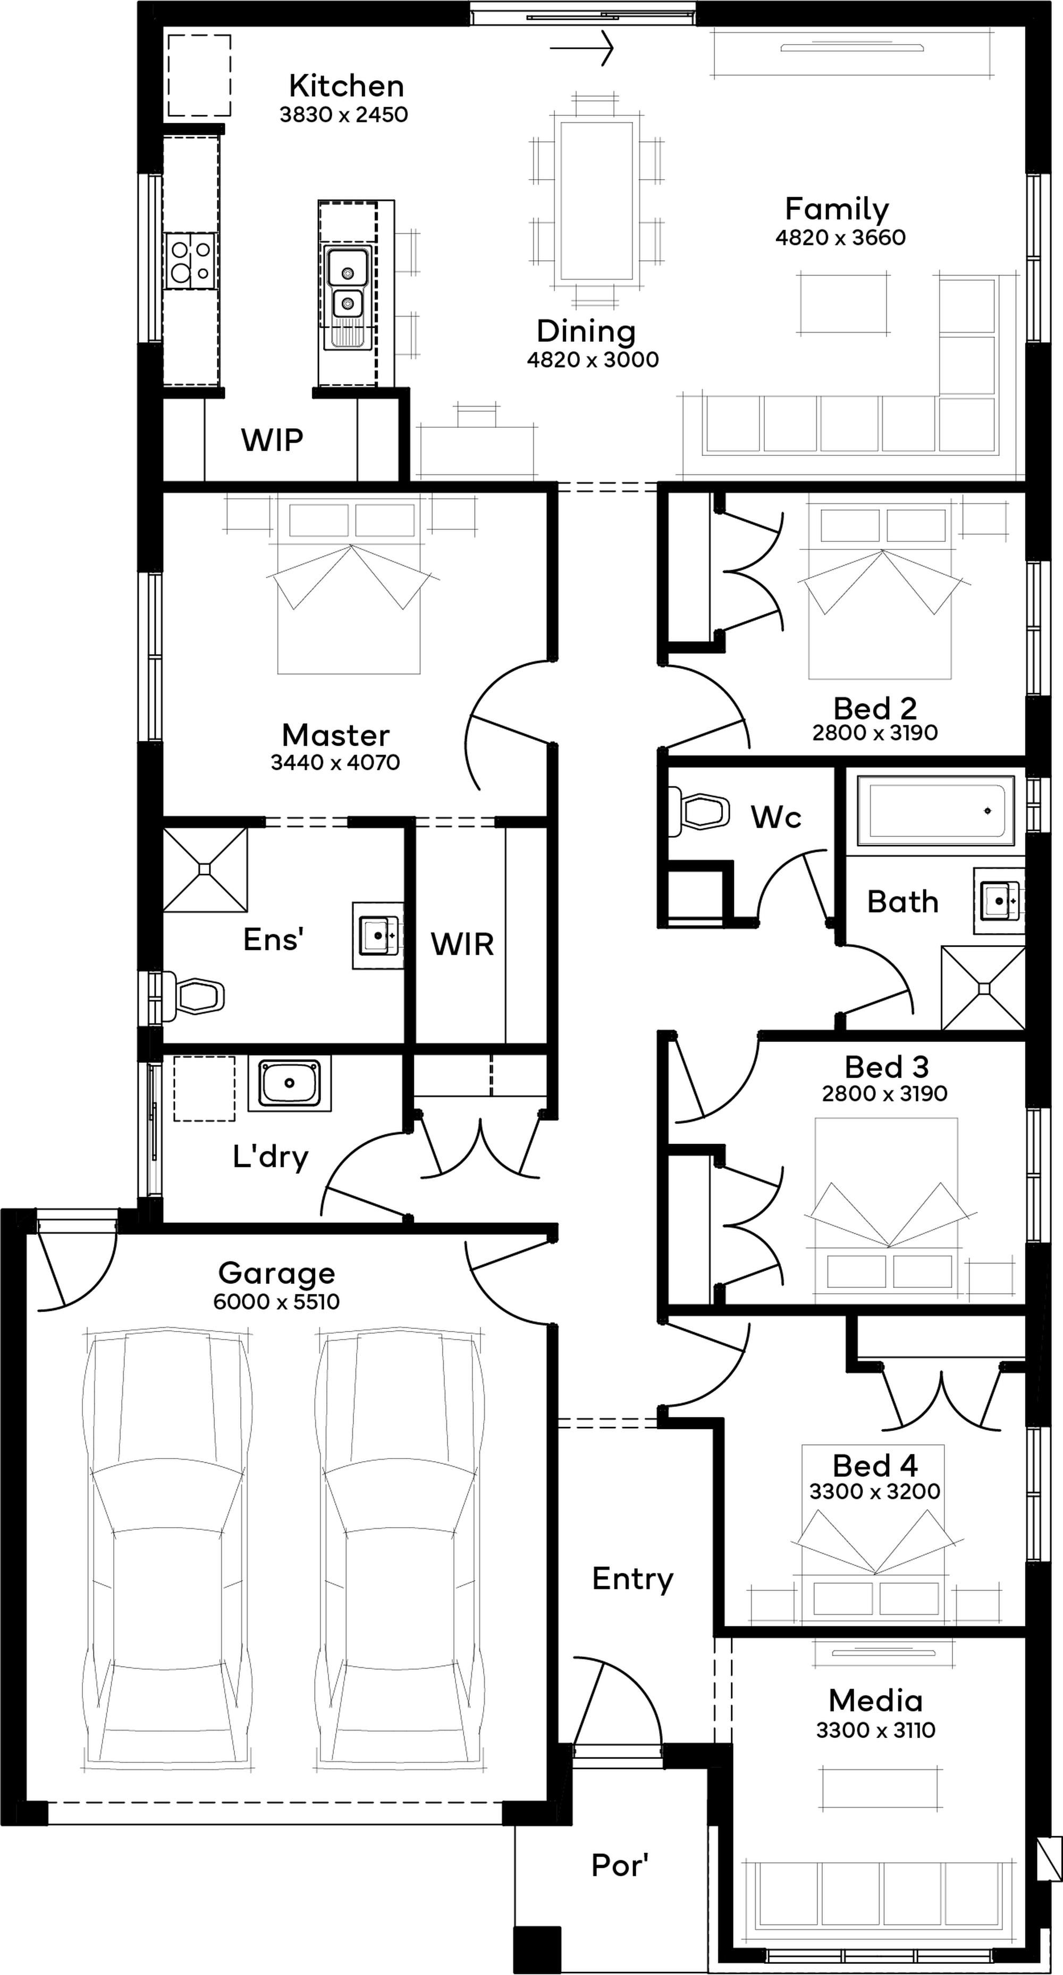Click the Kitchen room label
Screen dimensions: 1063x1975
346,86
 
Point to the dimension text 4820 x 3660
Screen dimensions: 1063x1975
841,238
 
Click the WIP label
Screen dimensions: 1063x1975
272,440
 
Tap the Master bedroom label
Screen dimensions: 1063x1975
336,735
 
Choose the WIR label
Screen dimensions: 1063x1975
462,945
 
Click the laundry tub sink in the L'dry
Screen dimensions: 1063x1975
289,1082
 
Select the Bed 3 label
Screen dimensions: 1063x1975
887,1066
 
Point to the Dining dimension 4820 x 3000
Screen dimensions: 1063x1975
593,360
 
